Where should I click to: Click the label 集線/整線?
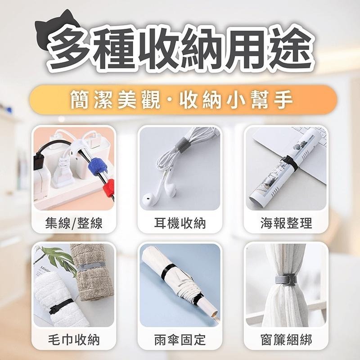pos(74,223)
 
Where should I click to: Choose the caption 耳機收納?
pos(180,223)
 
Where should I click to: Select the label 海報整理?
pos(286,223)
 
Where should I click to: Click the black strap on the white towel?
pos(60,306)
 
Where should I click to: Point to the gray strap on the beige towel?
pos(91,267)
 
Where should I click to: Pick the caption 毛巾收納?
pos(74,340)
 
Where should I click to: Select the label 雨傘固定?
pos(180,340)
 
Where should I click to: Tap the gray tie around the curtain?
pos(286,280)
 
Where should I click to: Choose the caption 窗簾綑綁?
pos(286,340)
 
